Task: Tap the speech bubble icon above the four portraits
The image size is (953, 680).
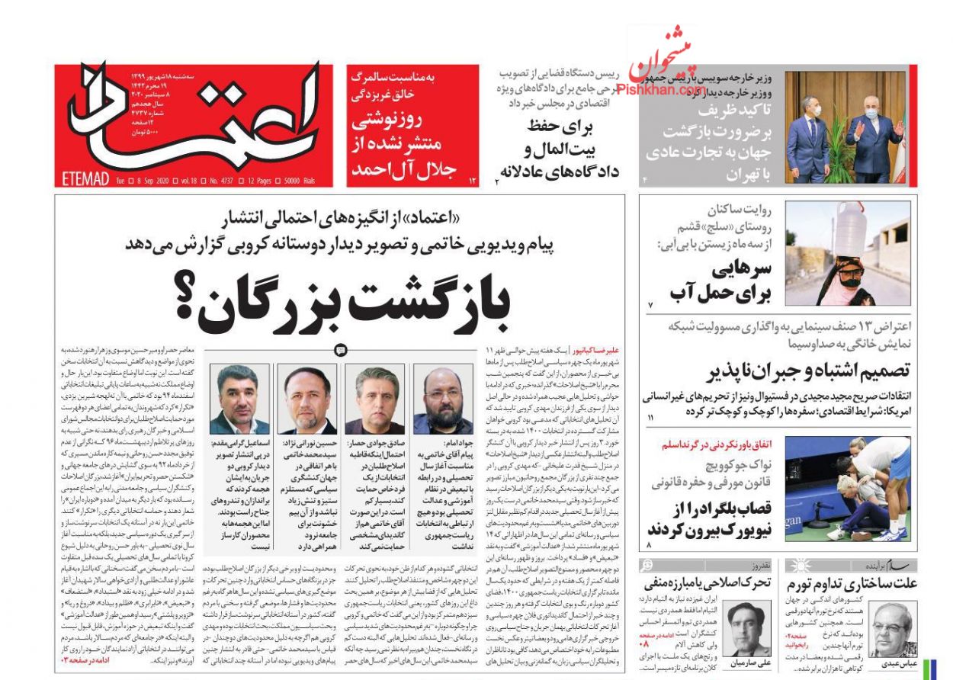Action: coord(340,350)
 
